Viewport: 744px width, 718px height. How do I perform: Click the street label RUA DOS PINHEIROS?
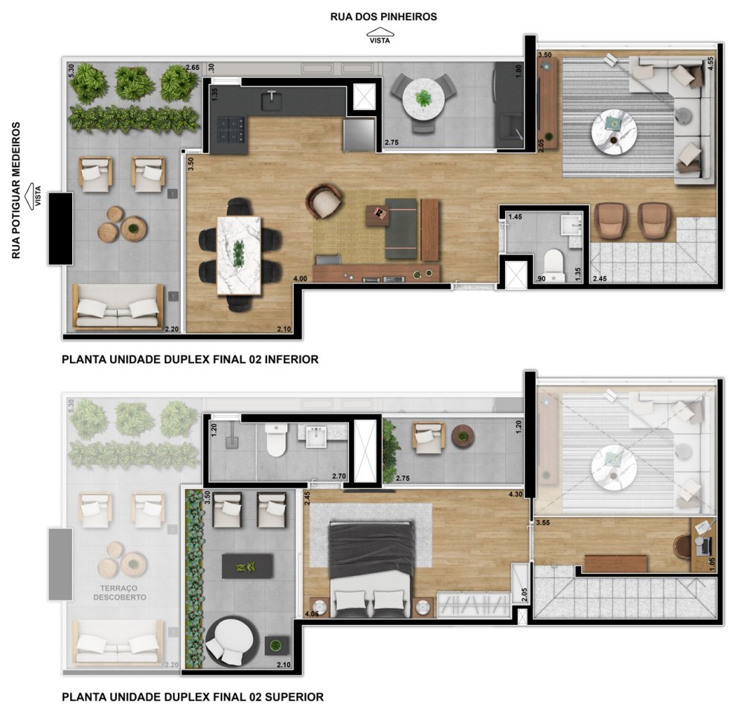click(x=384, y=16)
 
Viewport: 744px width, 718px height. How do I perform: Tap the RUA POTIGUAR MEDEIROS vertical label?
click(x=16, y=191)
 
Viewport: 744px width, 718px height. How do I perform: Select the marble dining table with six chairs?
click(x=240, y=253)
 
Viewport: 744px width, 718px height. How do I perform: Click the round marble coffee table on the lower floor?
click(x=614, y=132)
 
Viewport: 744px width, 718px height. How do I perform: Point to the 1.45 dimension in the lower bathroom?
click(x=515, y=217)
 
